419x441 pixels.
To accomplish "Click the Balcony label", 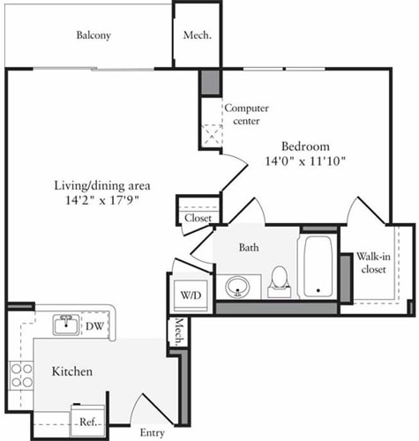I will pos(94,36).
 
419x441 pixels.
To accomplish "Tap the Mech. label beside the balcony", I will pos(196,36).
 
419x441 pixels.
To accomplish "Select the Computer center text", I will pos(246,114).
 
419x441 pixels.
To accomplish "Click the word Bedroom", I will pos(305,146).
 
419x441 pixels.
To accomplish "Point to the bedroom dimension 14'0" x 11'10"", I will pos(305,161).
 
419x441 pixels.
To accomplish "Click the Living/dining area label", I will pos(103,185).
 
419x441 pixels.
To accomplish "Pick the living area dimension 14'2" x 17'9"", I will pos(103,200).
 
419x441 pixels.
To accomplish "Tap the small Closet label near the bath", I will pos(197,219).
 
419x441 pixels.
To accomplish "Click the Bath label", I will pos(248,248).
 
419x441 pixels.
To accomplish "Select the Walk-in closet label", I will pos(374,263).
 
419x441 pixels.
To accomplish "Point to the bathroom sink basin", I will pos(237,286).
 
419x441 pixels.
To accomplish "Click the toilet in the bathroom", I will pos(280,279).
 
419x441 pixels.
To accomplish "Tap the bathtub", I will pos(316,266).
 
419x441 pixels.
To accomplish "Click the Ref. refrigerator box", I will pos(87,421).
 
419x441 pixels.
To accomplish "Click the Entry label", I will pos(153,432).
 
